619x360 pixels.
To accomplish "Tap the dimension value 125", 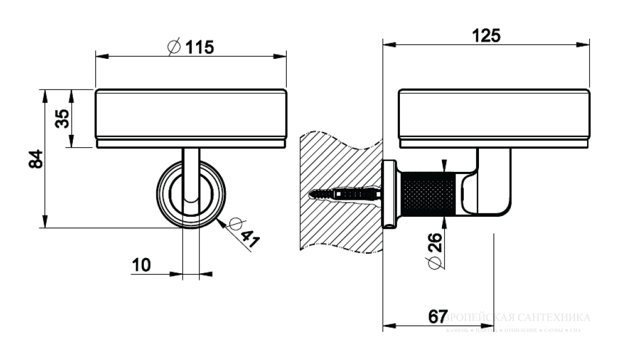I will point(486,35).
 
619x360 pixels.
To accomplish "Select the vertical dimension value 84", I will point(35,159).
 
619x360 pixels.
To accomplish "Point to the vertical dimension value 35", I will point(63,119).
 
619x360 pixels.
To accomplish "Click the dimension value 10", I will point(142,265).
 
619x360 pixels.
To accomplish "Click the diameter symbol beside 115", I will point(174,48).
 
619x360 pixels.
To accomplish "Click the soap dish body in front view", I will point(191,115).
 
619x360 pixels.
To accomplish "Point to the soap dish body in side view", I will point(493,115).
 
